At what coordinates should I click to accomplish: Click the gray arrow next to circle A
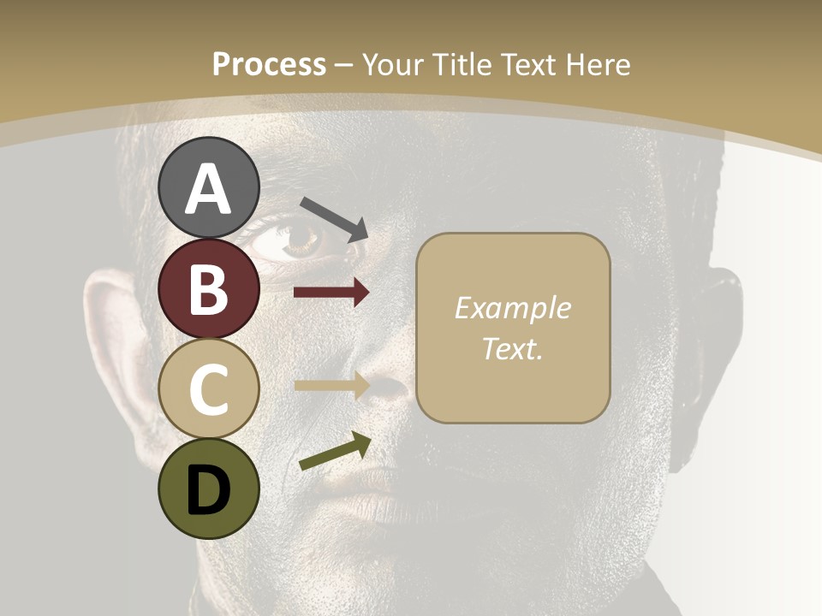click(x=334, y=217)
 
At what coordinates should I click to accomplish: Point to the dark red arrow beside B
click(x=331, y=293)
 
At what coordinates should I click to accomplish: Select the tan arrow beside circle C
click(x=331, y=385)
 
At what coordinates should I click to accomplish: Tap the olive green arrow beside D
click(x=335, y=452)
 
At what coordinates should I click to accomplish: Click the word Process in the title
click(x=269, y=65)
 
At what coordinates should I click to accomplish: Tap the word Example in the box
click(x=512, y=308)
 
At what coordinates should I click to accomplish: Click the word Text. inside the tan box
click(x=512, y=349)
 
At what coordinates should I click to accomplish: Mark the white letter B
click(x=209, y=289)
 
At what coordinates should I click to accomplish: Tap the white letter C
click(x=209, y=389)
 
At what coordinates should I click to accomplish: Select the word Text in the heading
click(x=527, y=65)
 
